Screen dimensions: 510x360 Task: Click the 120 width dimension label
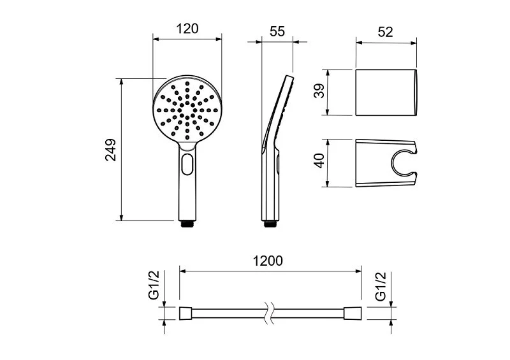pos(187,29)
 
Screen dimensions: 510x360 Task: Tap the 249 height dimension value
pos(111,150)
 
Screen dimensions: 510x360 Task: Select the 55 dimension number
pos(277,32)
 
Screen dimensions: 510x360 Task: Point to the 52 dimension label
pos(386,32)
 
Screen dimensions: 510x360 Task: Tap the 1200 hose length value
pos(268,261)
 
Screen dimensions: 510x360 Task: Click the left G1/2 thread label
pos(154,285)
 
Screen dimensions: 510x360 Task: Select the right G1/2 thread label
pos(380,286)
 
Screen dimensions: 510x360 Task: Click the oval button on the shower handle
pos(187,164)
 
